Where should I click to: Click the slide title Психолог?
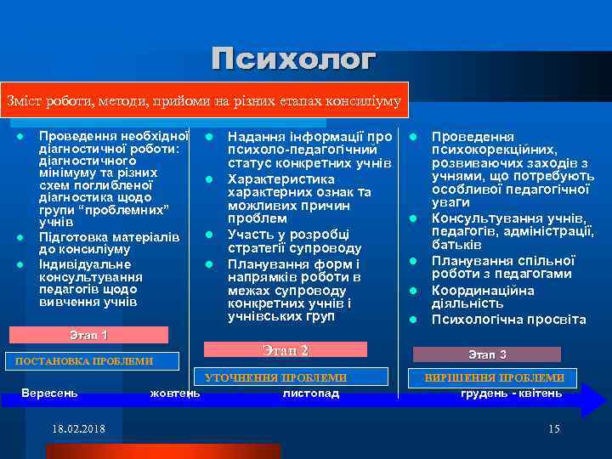tap(293, 60)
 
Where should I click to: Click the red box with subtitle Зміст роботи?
tap(204, 100)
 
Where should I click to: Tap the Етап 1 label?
tap(88, 335)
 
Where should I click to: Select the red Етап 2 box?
tap(286, 350)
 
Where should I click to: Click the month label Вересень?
tap(49, 393)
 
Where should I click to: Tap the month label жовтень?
tap(175, 393)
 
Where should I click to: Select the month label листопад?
tap(310, 393)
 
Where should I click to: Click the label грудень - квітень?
tap(511, 393)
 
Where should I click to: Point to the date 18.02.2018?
tap(78, 428)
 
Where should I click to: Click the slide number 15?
tap(554, 428)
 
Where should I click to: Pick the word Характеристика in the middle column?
tap(280, 179)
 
